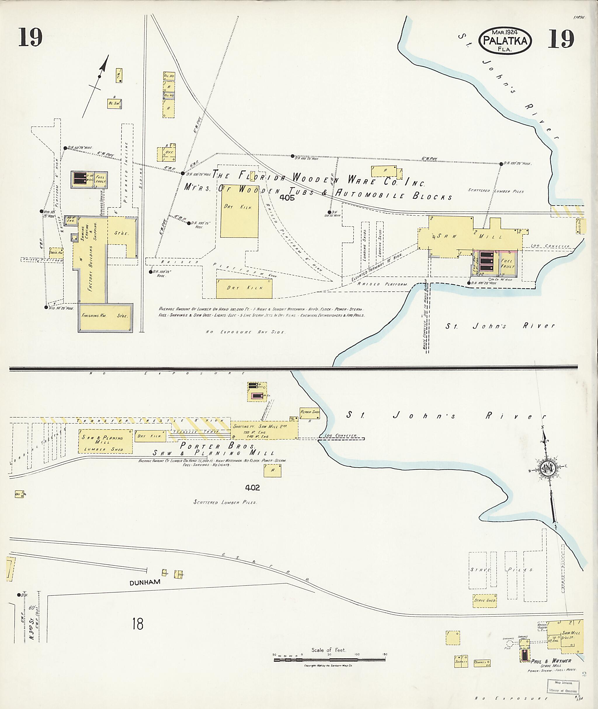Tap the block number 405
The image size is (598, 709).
point(287,198)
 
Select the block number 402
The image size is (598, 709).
point(253,488)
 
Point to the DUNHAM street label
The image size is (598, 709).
point(145,582)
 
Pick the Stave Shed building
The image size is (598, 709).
point(485,600)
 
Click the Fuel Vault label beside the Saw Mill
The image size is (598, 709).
point(507,264)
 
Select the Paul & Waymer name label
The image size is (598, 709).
point(551,661)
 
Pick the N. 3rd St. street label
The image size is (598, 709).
point(32,629)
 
